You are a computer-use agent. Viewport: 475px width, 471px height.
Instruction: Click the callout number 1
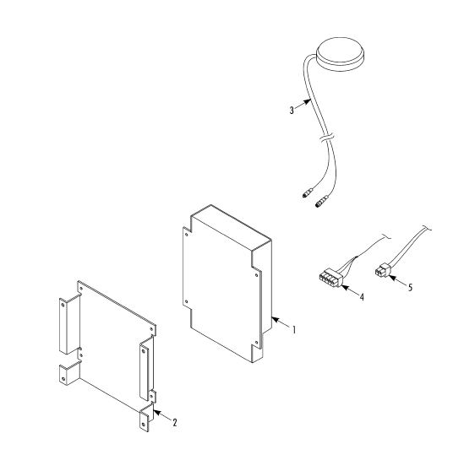(x=293, y=329)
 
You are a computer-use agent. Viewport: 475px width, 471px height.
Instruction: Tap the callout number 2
(x=175, y=422)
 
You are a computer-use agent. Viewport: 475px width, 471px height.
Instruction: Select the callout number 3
(x=292, y=110)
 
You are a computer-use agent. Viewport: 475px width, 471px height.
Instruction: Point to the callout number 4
(x=362, y=297)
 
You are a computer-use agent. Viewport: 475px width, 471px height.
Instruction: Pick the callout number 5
(x=410, y=287)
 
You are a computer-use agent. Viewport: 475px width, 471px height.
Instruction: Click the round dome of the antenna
(x=340, y=54)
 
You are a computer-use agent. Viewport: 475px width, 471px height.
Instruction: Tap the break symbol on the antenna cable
(x=326, y=138)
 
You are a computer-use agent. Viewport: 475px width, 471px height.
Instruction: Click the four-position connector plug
(x=330, y=277)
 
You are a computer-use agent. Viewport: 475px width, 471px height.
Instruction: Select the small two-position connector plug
(x=383, y=270)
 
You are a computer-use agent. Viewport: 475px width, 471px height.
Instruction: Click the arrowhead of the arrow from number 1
(x=274, y=319)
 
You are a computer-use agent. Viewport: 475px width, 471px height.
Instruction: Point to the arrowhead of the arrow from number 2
(x=156, y=412)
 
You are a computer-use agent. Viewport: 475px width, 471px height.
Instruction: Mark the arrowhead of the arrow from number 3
(x=308, y=101)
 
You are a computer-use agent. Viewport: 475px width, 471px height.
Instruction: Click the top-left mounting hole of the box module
(x=187, y=234)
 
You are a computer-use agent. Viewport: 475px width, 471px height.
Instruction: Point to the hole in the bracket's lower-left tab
(x=63, y=379)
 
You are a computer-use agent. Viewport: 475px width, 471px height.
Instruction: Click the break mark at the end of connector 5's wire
(x=427, y=228)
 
